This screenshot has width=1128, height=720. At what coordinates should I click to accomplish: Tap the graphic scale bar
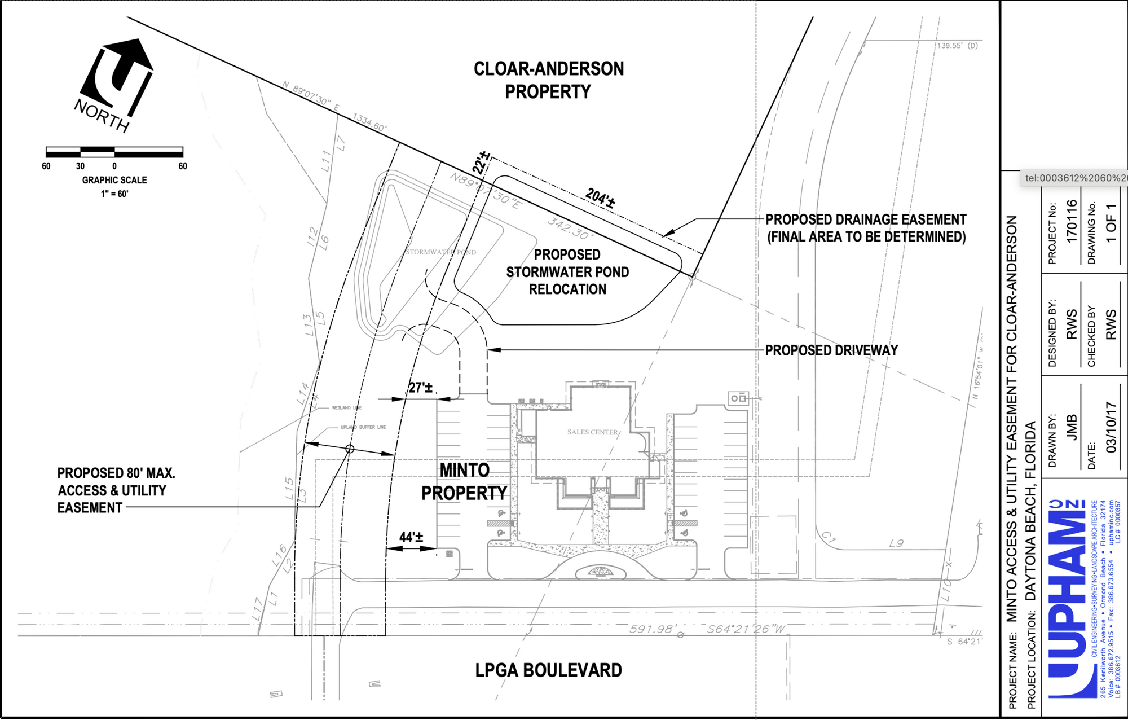[x=114, y=151]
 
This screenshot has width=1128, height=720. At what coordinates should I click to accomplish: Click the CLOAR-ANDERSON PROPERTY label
[x=548, y=80]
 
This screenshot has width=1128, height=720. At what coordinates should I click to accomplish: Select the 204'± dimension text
[x=600, y=198]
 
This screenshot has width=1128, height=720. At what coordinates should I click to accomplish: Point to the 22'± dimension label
[x=481, y=163]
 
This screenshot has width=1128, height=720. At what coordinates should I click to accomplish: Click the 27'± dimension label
[x=420, y=388]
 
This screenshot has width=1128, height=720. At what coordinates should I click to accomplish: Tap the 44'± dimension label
[x=411, y=537]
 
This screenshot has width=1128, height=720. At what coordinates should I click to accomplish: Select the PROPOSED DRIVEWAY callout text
[x=831, y=350]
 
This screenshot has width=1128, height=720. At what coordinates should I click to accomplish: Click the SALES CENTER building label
[x=592, y=432]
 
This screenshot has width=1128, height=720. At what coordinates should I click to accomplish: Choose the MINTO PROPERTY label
[x=464, y=482]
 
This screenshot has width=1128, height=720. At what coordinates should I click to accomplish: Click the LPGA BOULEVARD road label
[x=548, y=670]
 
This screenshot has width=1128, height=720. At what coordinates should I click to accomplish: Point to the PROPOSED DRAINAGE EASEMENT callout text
[x=866, y=228]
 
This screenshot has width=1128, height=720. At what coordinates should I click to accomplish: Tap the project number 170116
[x=1071, y=221]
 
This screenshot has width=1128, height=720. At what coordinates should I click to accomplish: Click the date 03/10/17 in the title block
[x=1111, y=427]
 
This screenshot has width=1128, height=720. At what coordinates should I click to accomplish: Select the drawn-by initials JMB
[x=1071, y=427]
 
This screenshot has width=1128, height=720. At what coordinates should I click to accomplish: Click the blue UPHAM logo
[x=1067, y=598]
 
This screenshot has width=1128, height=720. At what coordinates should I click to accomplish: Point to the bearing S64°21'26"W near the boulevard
[x=746, y=629]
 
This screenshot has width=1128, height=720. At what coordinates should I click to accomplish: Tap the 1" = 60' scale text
[x=114, y=194]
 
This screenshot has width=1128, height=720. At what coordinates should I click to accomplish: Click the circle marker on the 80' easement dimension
[x=350, y=449]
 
